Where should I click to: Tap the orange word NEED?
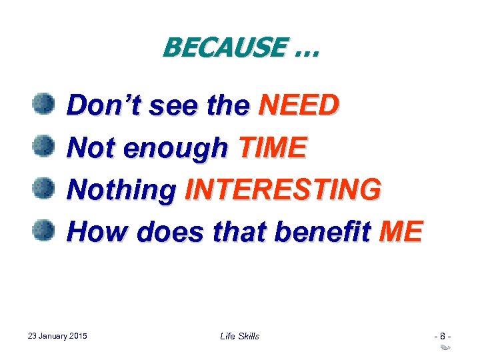tap(299, 105)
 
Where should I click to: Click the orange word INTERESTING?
tap(283, 189)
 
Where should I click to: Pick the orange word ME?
tap(399, 231)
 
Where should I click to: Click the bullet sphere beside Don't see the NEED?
tap(43, 103)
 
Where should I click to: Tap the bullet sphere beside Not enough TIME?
tap(43, 145)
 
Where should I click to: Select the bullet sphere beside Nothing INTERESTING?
tap(43, 188)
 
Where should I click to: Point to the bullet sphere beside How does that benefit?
tap(43, 230)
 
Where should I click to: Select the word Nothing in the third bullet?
tap(121, 190)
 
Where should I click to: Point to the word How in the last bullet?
tap(93, 231)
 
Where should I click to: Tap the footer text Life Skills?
tap(239, 336)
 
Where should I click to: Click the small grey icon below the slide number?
tap(445, 348)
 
